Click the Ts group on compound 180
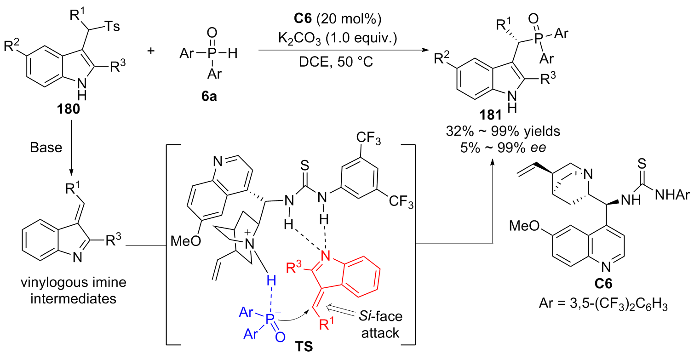coord(110,26)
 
